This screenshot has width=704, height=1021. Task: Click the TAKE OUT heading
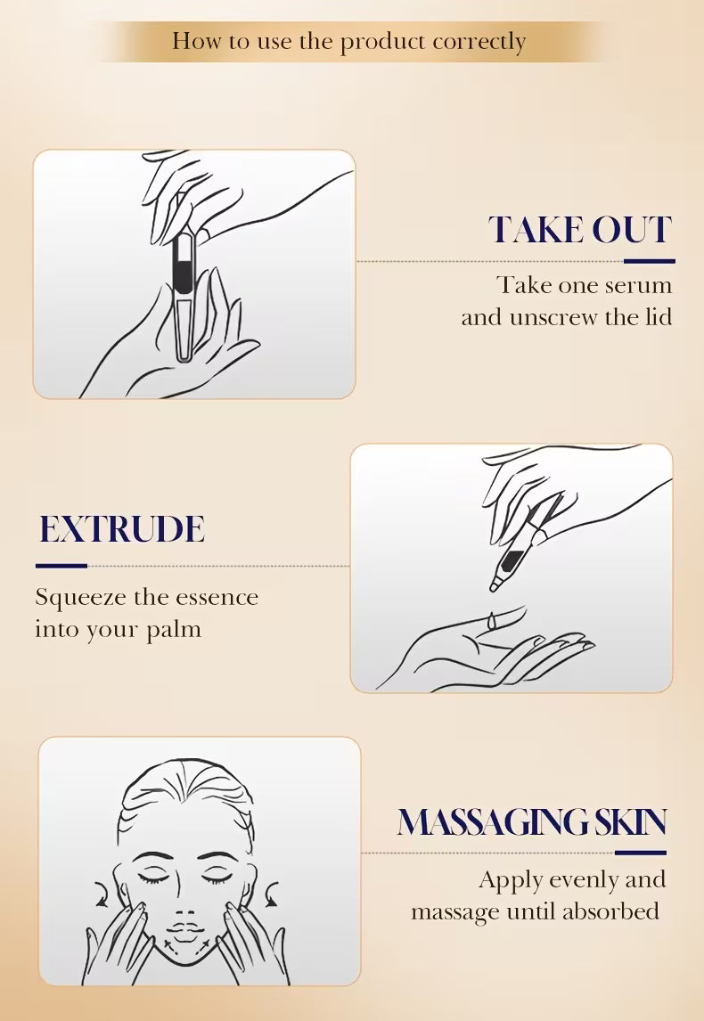[580, 230]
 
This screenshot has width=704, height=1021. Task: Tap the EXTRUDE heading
[122, 528]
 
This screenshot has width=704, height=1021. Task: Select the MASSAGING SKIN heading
[532, 821]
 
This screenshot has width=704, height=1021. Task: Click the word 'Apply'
[511, 880]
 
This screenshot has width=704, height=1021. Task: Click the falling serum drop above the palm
[493, 621]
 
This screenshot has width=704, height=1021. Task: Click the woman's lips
[185, 929]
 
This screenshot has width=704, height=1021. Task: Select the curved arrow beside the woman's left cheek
[272, 894]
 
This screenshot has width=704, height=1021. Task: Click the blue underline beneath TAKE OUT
[650, 261]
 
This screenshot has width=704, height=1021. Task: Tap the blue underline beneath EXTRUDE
[61, 566]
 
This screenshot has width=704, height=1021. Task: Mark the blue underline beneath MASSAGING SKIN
[640, 853]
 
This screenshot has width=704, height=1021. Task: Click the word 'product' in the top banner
[382, 43]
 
